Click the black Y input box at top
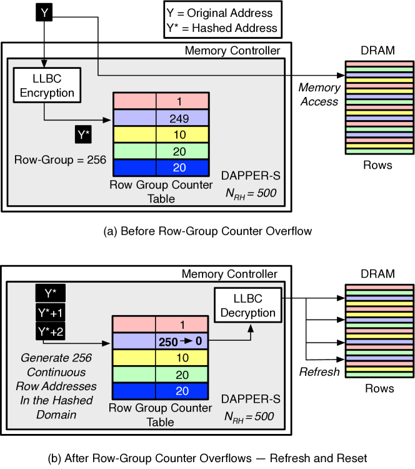[x=44, y=12]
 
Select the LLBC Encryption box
[x=44, y=86]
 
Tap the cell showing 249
[x=182, y=118]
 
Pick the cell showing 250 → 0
[x=182, y=342]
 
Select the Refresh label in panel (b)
[x=319, y=371]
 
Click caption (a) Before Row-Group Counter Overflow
[x=207, y=231]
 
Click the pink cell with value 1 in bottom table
[x=182, y=325]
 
